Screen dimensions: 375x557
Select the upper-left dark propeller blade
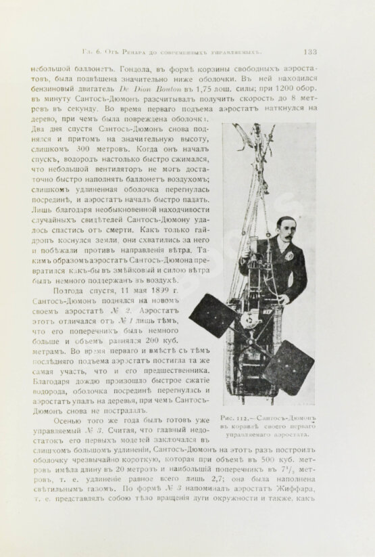pyautogui.click(x=212, y=315)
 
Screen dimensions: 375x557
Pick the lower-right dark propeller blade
pyautogui.click(x=289, y=365)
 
